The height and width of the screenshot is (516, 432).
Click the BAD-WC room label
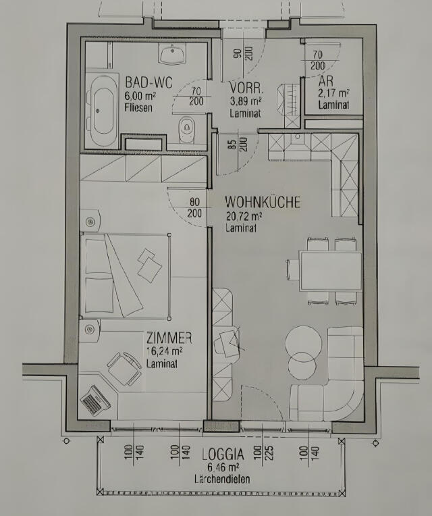(148, 82)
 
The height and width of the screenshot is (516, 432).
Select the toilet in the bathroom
(186, 130)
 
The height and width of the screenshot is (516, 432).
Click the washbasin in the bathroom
(172, 53)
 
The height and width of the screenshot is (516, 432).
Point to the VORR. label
(246, 88)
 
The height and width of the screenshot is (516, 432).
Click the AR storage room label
(325, 81)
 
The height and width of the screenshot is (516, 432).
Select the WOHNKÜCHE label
(263, 202)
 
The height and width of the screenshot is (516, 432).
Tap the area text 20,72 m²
(244, 216)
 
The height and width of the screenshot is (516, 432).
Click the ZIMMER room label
(169, 338)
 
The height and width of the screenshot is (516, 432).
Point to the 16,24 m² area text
(165, 351)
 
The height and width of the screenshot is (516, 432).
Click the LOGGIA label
(223, 454)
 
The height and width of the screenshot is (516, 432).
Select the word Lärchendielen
(222, 479)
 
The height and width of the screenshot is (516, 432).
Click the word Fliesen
(138, 107)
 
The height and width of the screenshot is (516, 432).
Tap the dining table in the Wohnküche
(330, 271)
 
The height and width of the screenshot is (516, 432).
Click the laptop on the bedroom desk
(95, 400)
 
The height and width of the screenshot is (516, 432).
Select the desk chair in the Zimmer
(124, 368)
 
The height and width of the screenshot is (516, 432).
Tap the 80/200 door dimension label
(194, 207)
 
